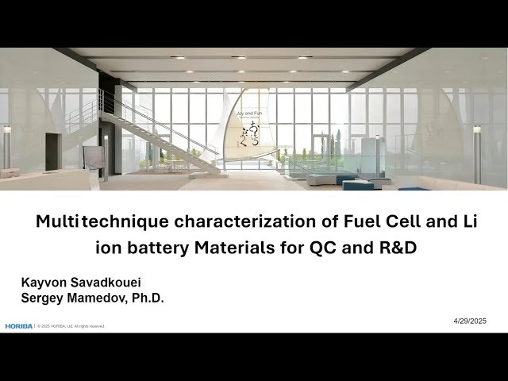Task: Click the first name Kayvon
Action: point(43,283)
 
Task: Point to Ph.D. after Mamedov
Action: point(148,298)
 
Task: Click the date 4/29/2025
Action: point(470,321)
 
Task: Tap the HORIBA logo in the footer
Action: point(17,326)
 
